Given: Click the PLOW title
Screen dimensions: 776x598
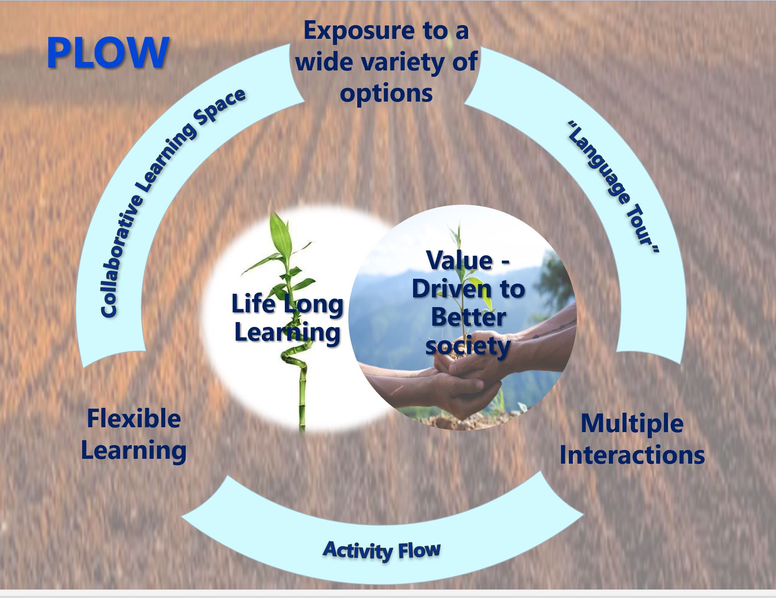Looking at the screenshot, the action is tap(108, 53).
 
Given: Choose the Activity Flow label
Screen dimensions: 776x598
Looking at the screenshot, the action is tap(382, 550).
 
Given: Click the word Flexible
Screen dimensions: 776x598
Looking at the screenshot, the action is tap(134, 419).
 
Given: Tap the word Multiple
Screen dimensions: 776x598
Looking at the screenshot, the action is tap(632, 424).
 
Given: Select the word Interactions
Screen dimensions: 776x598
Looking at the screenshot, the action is tap(632, 455).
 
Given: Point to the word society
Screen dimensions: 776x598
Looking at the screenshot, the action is tap(468, 347).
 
